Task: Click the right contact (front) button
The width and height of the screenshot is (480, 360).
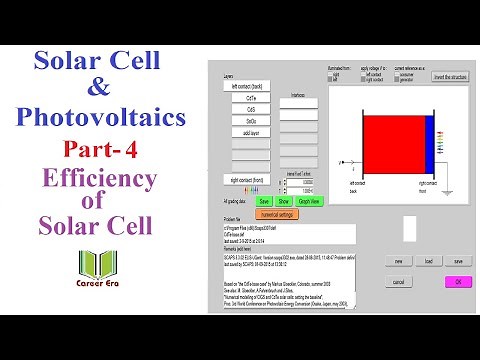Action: [245, 180]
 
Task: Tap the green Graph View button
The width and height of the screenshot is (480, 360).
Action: [309, 201]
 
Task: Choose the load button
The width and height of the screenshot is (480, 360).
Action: [427, 260]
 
